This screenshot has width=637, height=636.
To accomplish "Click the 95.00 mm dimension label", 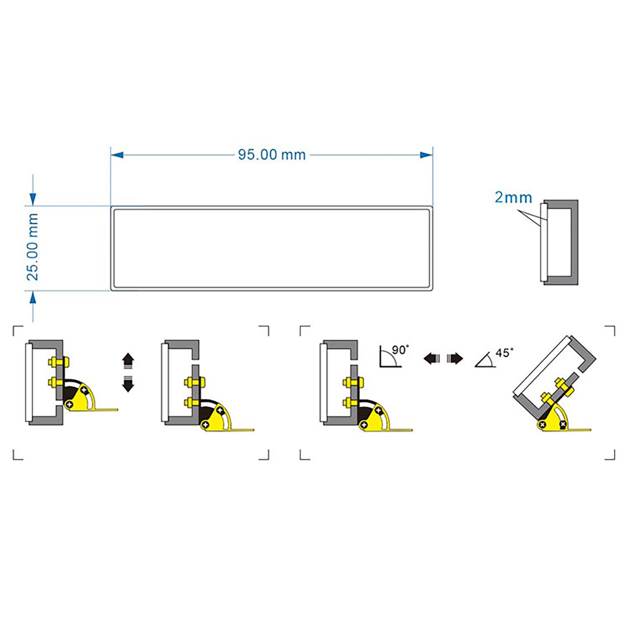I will tap(272, 155).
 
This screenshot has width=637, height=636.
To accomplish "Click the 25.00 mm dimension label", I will tap(33, 247).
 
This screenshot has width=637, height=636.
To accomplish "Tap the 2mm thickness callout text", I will tap(513, 197).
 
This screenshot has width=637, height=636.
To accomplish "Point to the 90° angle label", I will tap(399, 350).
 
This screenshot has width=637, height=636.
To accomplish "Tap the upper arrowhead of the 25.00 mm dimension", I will tap(33, 199).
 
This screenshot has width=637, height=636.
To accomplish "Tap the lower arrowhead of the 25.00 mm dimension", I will tap(33, 298).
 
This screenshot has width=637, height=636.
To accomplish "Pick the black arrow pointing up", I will tap(128, 360).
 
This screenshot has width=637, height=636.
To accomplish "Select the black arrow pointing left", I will tap(431, 358).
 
